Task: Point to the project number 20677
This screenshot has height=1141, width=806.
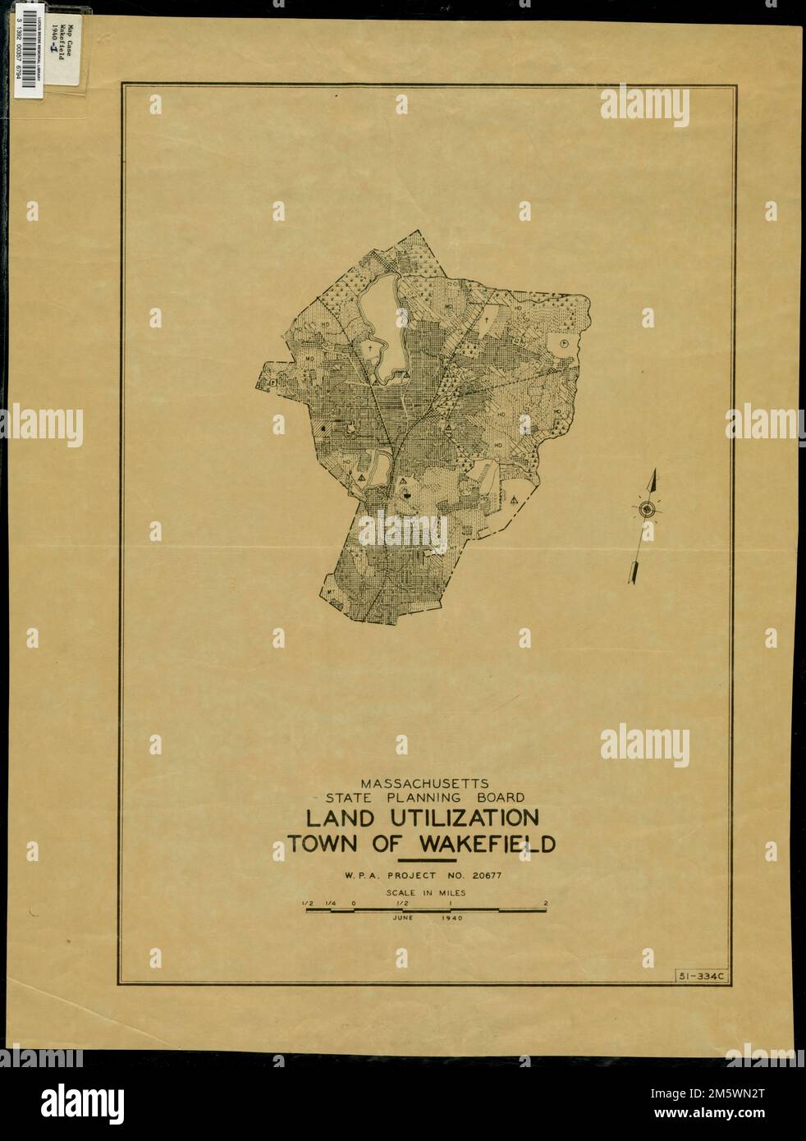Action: pyautogui.click(x=487, y=876)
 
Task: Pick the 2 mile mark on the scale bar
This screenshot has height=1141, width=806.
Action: pyautogui.click(x=545, y=904)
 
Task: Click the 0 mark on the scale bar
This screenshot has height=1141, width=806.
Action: pyautogui.click(x=353, y=904)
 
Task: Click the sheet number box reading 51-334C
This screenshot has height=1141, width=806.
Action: pyautogui.click(x=697, y=975)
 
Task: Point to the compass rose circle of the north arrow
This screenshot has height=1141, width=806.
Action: pyautogui.click(x=647, y=510)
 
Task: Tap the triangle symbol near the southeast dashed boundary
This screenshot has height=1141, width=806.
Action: pyautogui.click(x=514, y=499)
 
